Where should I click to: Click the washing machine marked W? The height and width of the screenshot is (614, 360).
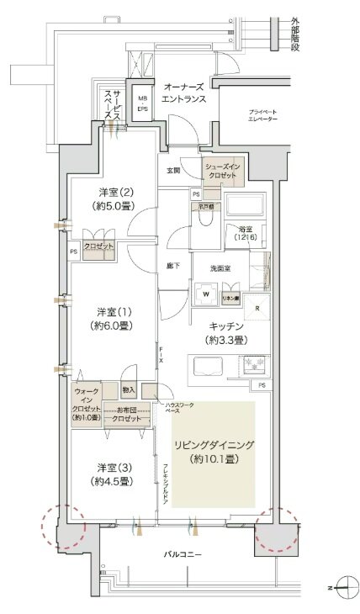205,294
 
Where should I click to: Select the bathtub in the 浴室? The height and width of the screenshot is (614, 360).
244,207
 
